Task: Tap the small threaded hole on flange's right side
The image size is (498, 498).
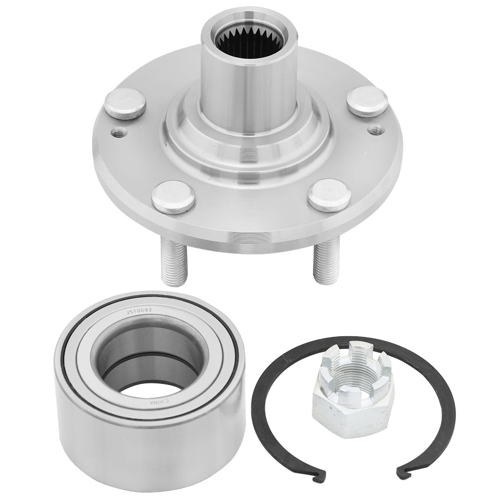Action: point(376,129)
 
